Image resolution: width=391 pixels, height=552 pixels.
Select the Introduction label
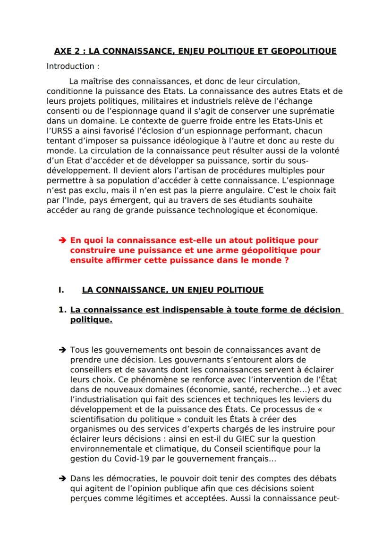coord(73,66)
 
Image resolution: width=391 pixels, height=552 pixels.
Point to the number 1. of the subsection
coord(61,310)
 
